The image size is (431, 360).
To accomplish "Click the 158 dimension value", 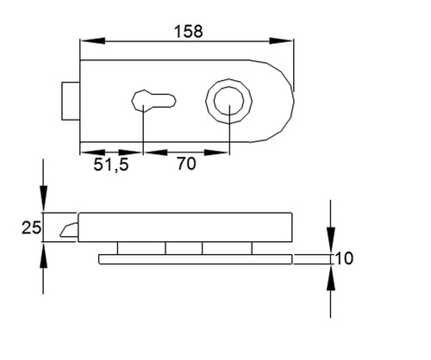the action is coord(189,31).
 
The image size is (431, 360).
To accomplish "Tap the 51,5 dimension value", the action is coord(111,164).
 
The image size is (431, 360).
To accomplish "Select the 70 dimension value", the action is coord(186,164).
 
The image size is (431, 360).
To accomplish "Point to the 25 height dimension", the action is coord(31,228).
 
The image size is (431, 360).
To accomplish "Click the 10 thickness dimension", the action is coord(344,258).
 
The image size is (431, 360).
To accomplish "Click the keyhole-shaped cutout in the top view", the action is coord(153,101).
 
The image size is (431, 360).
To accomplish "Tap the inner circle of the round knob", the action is coord(229,101).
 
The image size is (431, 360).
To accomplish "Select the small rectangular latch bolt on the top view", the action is coord(71,101).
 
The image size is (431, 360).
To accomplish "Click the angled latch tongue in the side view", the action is coord(69,229).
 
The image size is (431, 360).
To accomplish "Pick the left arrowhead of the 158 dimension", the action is coord(92,41).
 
